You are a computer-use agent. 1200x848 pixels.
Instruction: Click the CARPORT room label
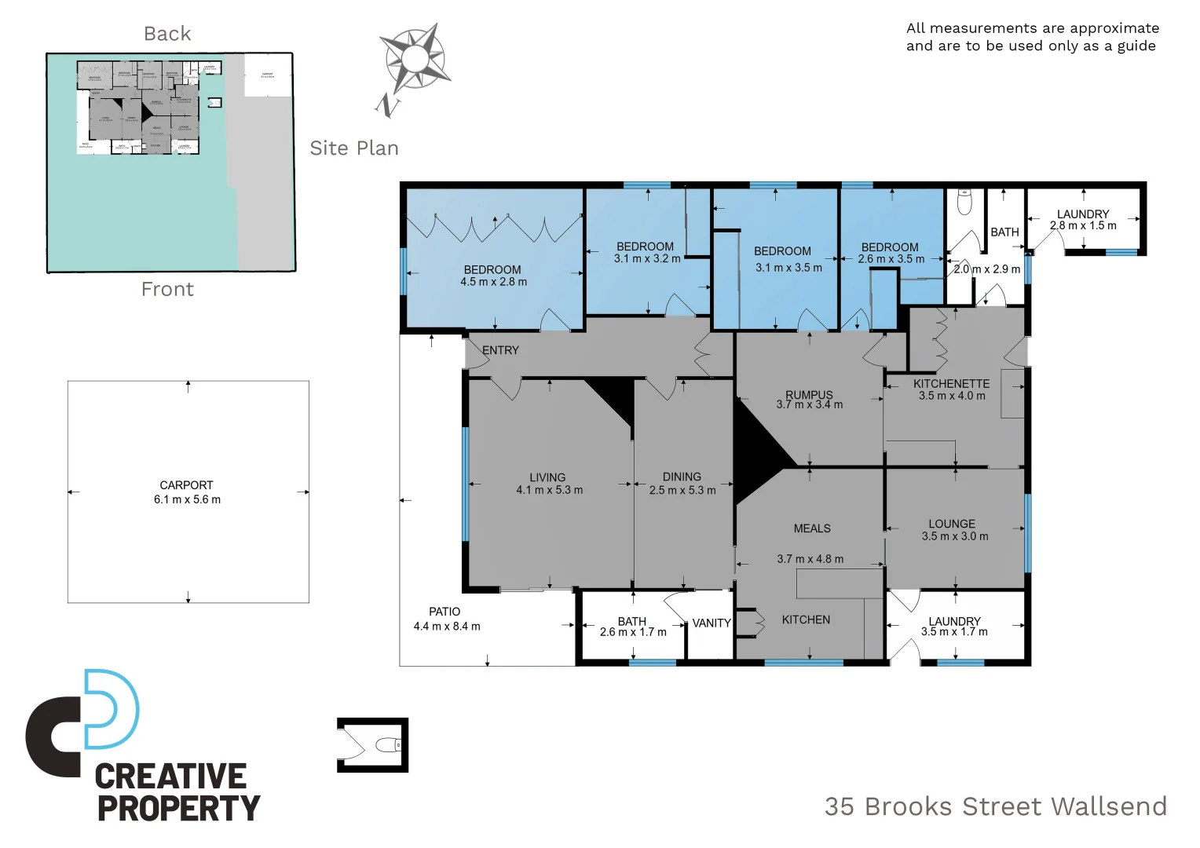click(186, 485)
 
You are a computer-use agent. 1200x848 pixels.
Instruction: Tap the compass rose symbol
click(413, 59)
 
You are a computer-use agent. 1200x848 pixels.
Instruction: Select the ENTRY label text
click(500, 350)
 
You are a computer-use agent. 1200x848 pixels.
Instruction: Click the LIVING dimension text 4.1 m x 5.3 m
click(549, 490)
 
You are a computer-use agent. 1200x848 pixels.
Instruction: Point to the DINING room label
click(682, 477)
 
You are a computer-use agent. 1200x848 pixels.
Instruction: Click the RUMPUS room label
click(809, 395)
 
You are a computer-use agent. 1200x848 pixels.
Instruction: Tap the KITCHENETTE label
click(951, 384)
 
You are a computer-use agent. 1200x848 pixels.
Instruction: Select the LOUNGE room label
click(952, 524)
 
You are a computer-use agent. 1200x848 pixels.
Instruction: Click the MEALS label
click(812, 528)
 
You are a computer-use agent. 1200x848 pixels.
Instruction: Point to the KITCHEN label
click(806, 620)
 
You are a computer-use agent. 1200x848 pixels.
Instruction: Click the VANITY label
click(712, 623)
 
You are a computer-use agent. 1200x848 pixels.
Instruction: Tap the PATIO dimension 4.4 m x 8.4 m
click(447, 627)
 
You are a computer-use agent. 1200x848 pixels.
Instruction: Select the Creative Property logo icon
click(83, 722)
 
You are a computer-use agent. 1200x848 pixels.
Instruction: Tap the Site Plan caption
click(354, 148)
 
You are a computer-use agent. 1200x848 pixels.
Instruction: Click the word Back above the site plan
click(167, 34)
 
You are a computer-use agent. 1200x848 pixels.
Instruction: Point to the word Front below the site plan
click(167, 290)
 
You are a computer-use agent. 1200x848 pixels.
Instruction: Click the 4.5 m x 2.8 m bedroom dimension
click(493, 282)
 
